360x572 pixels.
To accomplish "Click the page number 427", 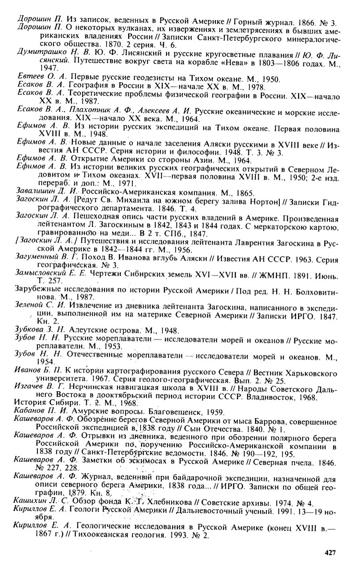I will [x=330, y=552].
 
